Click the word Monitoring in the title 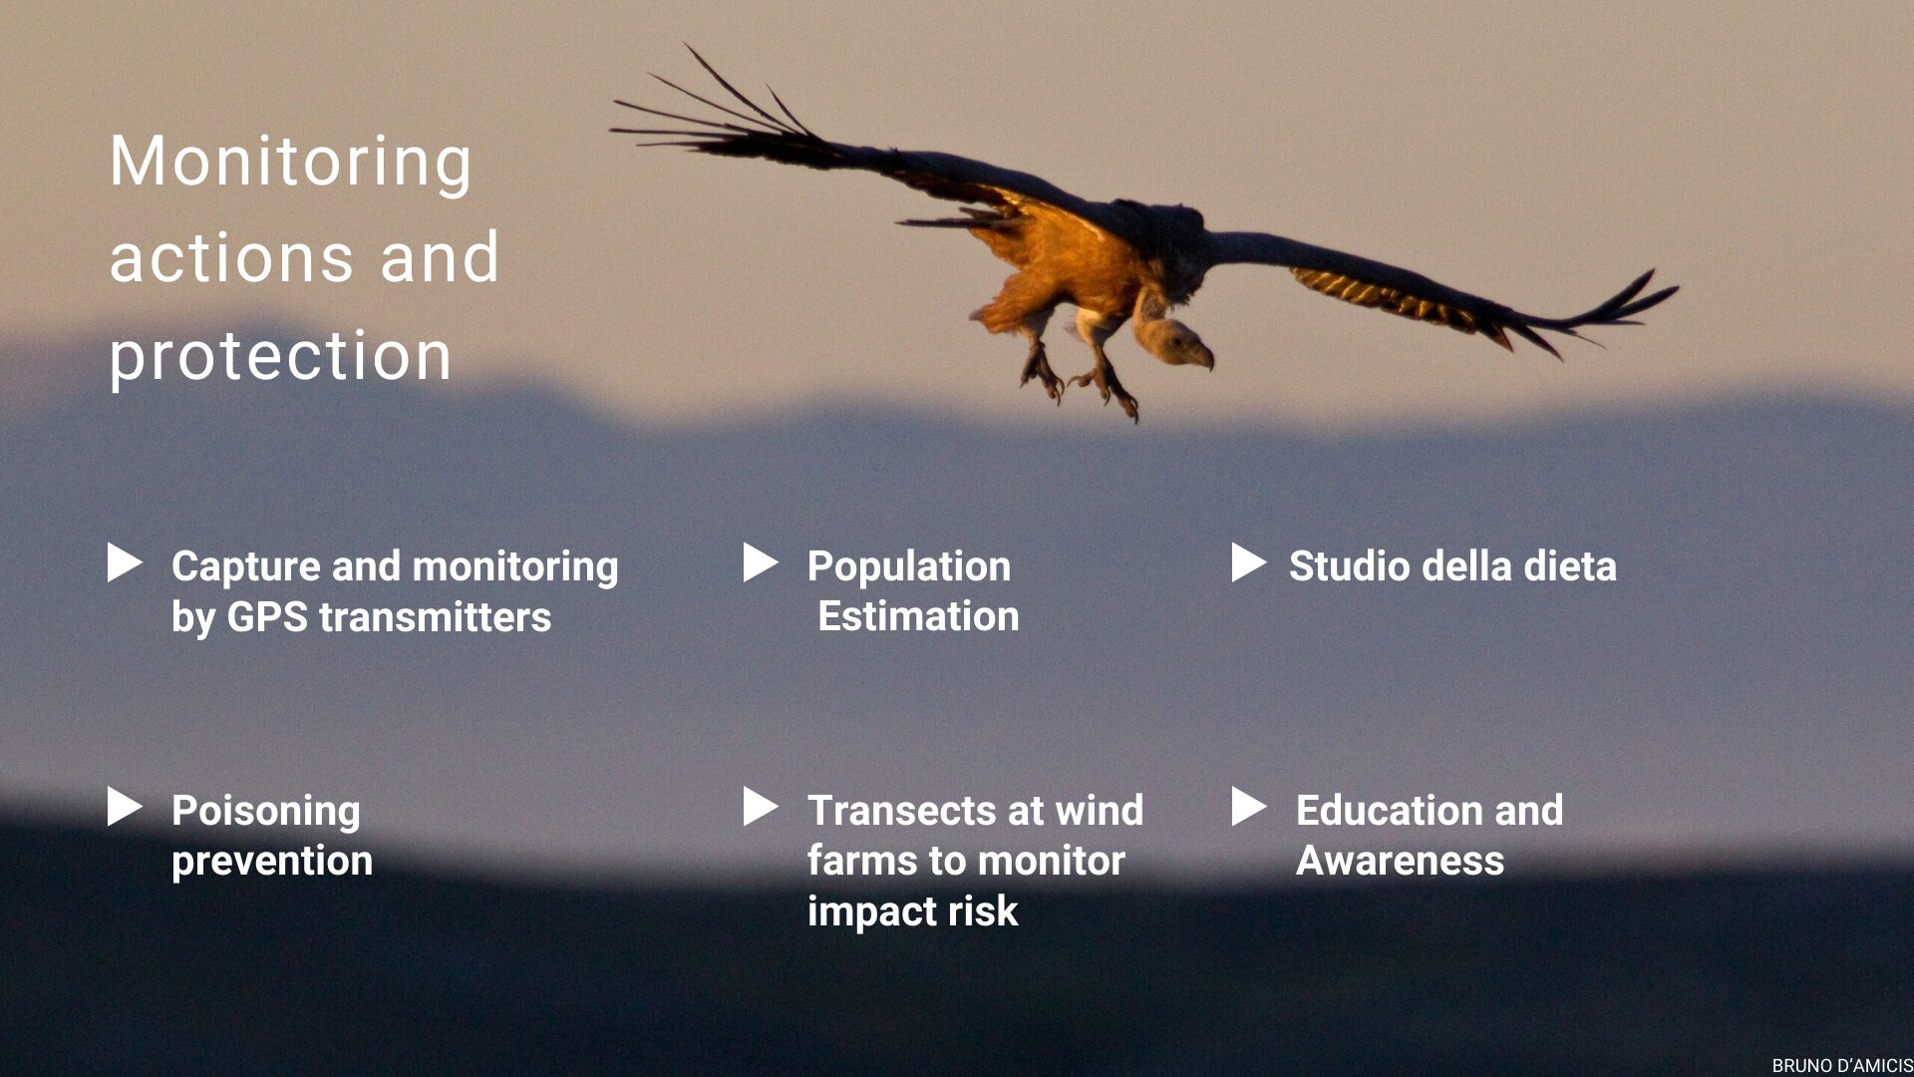click(x=290, y=163)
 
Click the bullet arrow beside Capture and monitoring click(x=125, y=562)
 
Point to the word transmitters click(x=435, y=617)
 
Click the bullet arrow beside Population click(x=761, y=562)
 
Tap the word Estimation click(x=918, y=616)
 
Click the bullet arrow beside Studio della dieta click(x=1249, y=562)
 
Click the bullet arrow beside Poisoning click(x=125, y=807)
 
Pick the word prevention click(x=272, y=862)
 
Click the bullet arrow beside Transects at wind click(x=761, y=807)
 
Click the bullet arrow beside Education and click(x=1249, y=807)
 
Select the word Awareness click(x=1400, y=861)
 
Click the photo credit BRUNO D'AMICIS click(x=1842, y=1066)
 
